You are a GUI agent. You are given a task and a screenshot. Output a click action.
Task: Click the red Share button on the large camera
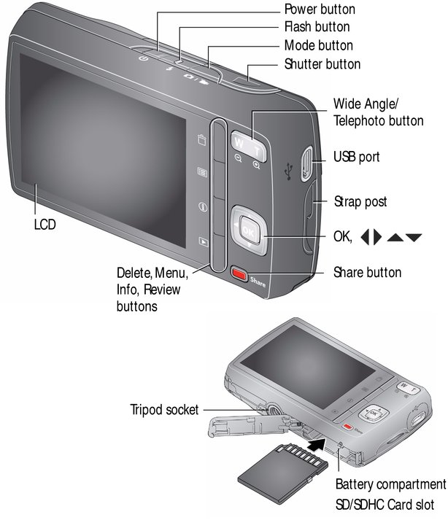coord(239,273)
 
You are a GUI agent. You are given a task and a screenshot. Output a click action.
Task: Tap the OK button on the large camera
coord(248,230)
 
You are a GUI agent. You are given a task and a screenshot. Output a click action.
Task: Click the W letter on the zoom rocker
coord(239,143)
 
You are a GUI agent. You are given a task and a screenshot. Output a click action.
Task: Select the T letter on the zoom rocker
coord(257,152)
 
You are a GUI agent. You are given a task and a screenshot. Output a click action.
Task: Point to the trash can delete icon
coord(202,139)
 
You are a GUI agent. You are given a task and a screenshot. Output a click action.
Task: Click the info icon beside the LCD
coord(203,207)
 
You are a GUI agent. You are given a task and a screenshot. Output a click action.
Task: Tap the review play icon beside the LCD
coord(203,241)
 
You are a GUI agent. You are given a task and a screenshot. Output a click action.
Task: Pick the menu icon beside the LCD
coord(202,172)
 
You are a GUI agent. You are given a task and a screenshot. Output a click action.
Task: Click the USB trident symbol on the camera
coord(289,171)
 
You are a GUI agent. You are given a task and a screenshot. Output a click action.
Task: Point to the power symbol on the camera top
coord(143,58)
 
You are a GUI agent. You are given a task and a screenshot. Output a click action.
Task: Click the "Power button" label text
coord(320,9)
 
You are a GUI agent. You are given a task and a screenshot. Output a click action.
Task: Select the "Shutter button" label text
coord(323,64)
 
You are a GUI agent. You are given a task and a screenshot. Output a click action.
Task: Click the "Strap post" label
coord(360,201)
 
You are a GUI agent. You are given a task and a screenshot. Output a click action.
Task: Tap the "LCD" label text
coord(45,225)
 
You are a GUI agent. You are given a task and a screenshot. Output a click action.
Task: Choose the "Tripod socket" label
coord(164,410)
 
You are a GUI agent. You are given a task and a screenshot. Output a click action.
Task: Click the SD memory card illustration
coord(283,472)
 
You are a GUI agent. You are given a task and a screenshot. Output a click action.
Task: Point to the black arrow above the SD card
coord(316,443)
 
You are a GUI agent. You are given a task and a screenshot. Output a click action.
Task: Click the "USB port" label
coord(356,157)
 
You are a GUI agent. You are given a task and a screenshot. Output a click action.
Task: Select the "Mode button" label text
coord(319,45)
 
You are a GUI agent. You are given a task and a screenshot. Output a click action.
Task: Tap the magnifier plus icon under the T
coord(256,165)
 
